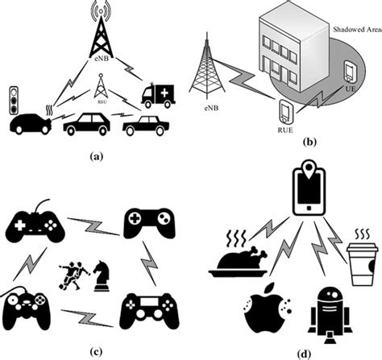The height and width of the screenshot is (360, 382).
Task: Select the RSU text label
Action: [101, 102]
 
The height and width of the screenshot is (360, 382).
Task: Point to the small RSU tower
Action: [101, 85]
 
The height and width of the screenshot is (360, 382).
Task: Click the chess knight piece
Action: [102, 277]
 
